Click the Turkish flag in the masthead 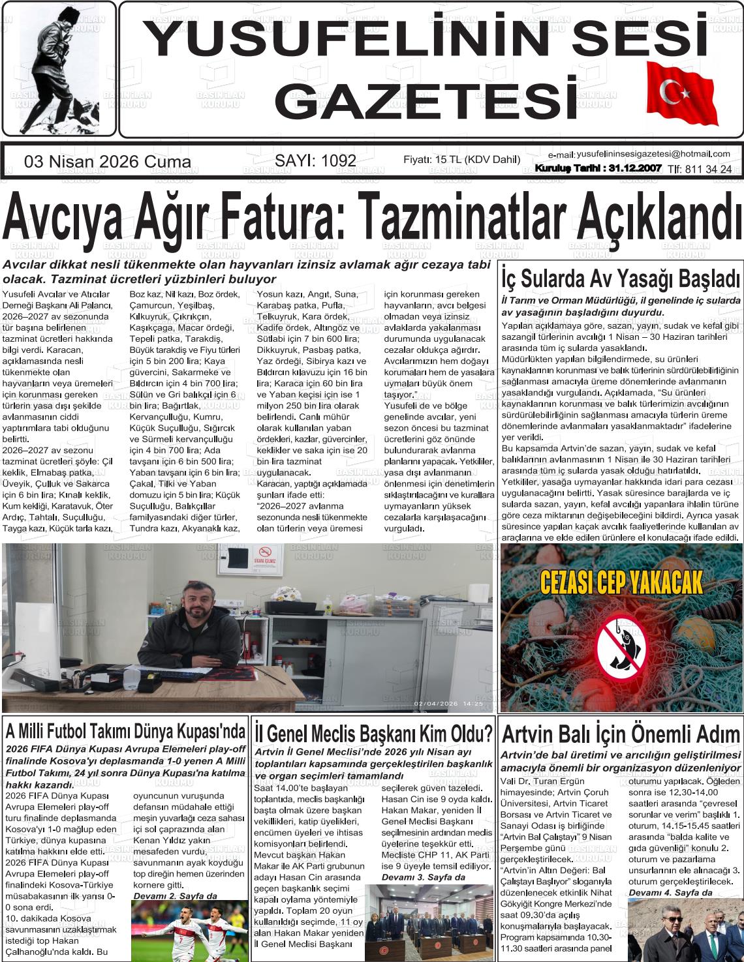click(x=680, y=95)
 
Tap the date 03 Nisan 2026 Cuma click(x=108, y=162)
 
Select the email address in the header click(x=653, y=154)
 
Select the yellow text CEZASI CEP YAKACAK click(x=621, y=582)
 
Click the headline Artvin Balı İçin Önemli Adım click(x=621, y=734)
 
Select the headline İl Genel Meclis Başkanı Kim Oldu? click(x=373, y=734)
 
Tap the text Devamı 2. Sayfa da click(x=175, y=896)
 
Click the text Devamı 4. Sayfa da click(x=670, y=892)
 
